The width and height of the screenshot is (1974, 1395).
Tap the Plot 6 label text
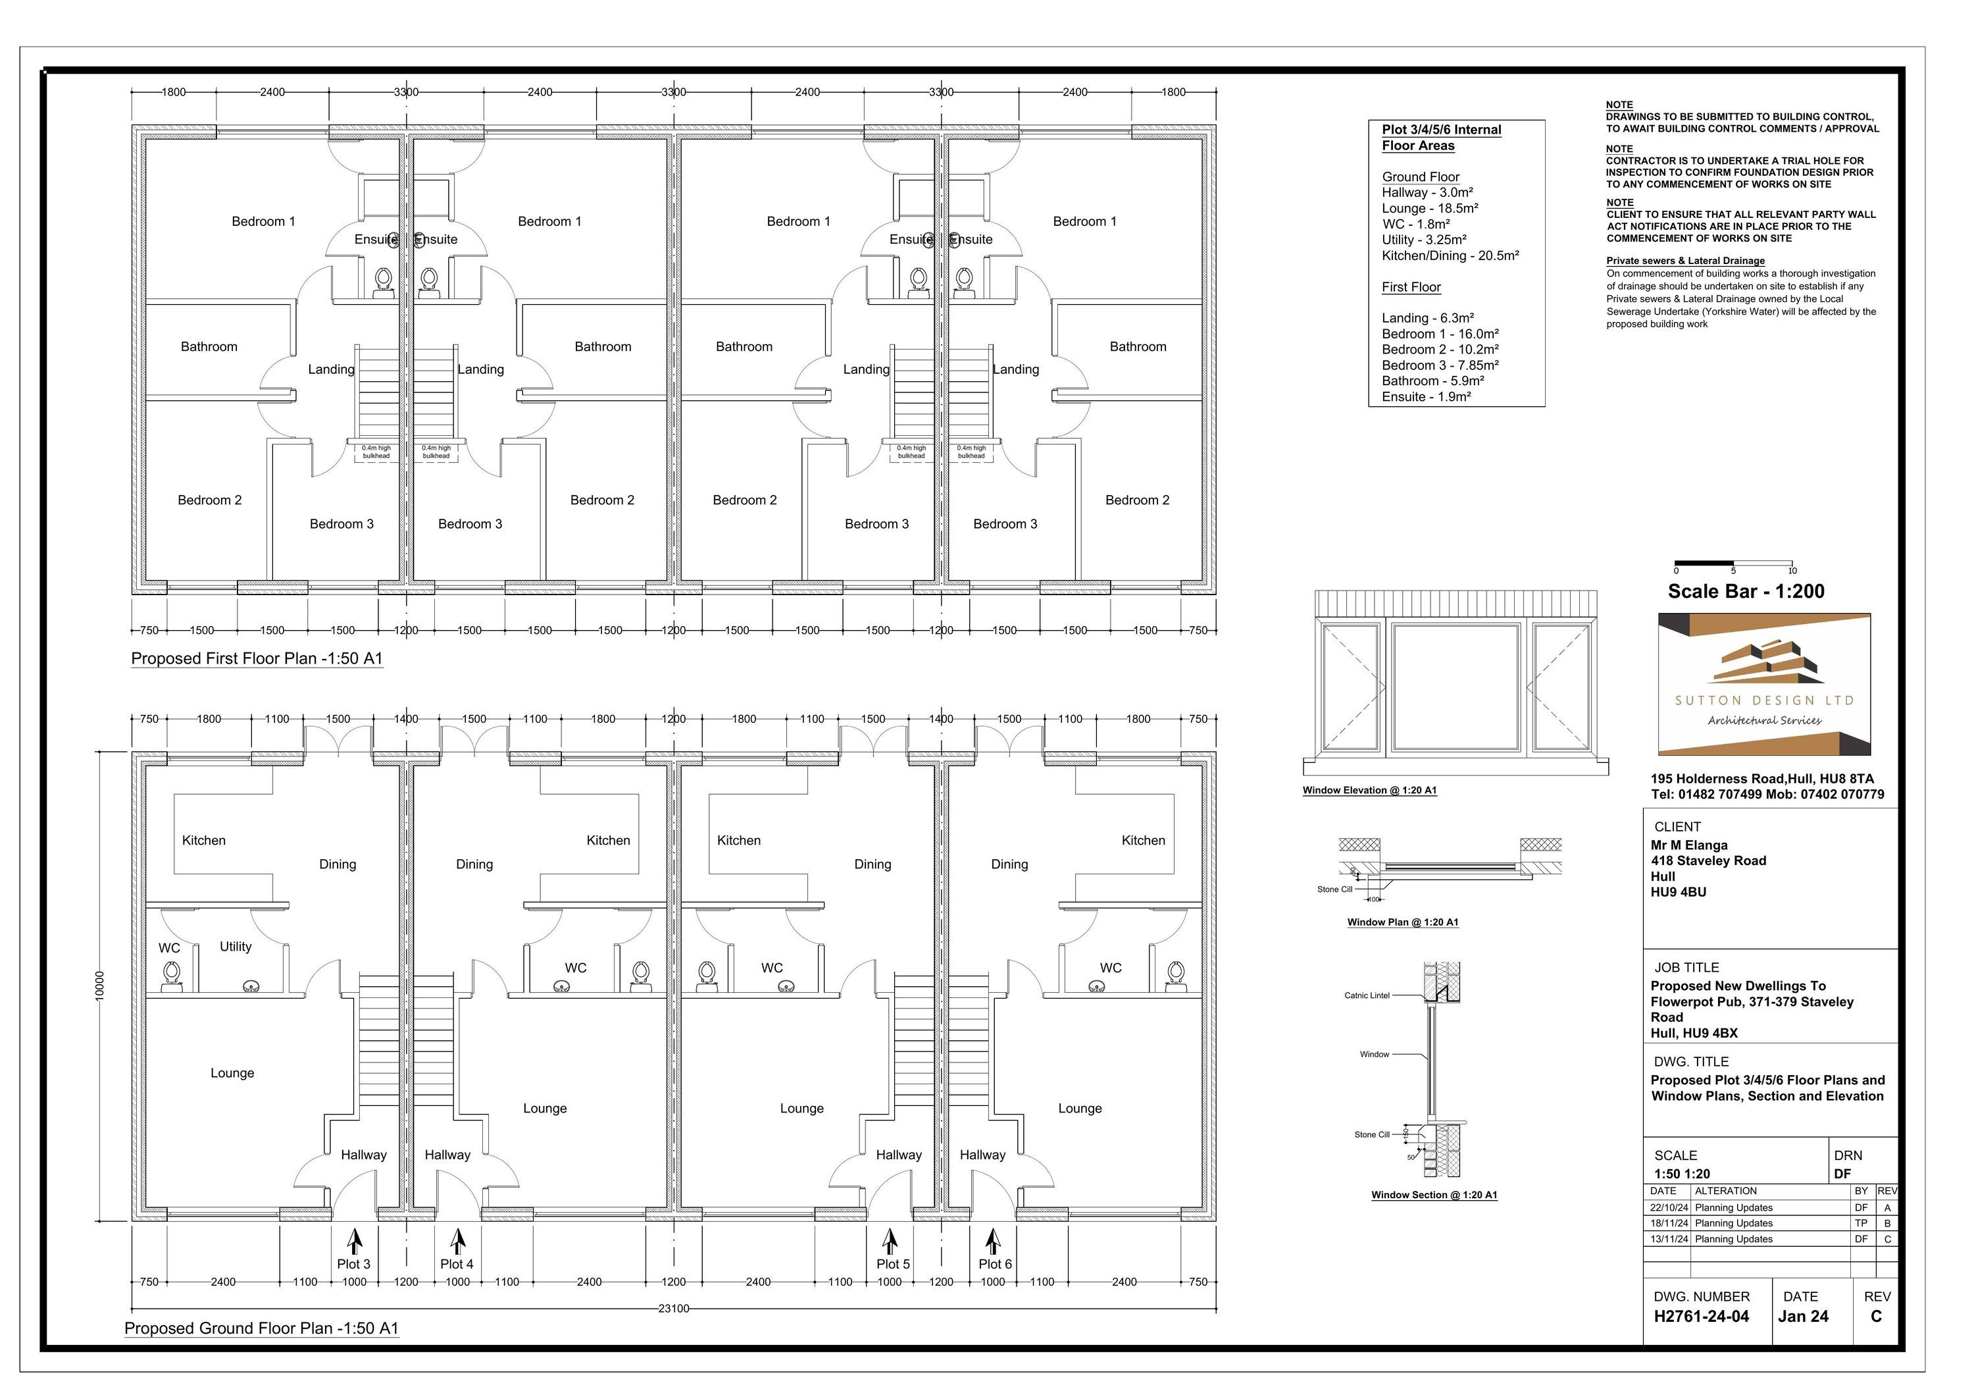pyautogui.click(x=996, y=1264)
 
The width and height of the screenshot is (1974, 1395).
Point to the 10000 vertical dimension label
pyautogui.click(x=100, y=986)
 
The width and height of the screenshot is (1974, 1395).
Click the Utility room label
pyautogui.click(x=236, y=947)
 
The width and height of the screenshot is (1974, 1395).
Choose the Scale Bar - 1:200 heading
pyautogui.click(x=1746, y=592)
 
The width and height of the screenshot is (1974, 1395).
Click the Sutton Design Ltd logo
pyautogui.click(x=1764, y=685)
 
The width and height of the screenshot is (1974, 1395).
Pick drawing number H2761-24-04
pyautogui.click(x=1702, y=1317)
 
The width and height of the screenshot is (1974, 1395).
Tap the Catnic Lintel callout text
pyautogui.click(x=1367, y=996)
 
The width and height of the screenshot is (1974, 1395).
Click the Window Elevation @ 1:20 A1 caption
pyautogui.click(x=1369, y=791)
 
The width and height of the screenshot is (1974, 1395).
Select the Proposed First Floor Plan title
pyautogui.click(x=257, y=659)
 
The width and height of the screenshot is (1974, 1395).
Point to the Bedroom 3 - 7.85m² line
pyautogui.click(x=1440, y=365)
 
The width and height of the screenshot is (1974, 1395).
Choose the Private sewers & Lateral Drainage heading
pyautogui.click(x=1685, y=261)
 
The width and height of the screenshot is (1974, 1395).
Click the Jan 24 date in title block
pyautogui.click(x=1803, y=1317)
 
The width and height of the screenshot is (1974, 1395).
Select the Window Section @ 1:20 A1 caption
pyautogui.click(x=1434, y=1195)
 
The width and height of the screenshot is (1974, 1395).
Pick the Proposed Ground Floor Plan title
pyautogui.click(x=261, y=1328)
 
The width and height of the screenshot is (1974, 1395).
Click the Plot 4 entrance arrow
pyautogui.click(x=458, y=1242)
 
